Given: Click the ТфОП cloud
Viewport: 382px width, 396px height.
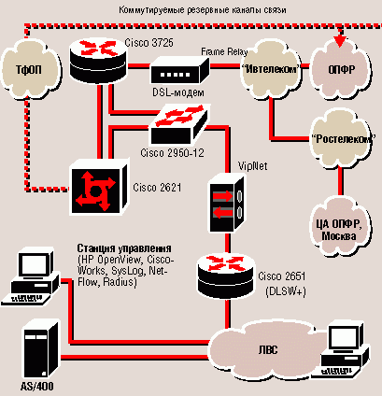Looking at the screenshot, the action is click(30, 71).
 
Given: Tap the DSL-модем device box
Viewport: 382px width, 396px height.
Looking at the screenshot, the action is click(179, 71).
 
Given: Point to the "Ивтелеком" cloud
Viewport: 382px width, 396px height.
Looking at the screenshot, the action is click(271, 70).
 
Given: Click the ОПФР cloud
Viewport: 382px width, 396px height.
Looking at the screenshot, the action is click(342, 70).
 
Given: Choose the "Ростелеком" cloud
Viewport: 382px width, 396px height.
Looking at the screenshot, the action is click(342, 139).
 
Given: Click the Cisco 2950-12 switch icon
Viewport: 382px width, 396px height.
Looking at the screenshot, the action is click(178, 124).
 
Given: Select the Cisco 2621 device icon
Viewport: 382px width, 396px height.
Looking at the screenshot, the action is click(99, 187).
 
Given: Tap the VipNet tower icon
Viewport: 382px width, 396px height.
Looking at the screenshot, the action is click(226, 204).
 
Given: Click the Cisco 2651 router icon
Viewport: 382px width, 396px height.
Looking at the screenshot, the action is click(226, 276).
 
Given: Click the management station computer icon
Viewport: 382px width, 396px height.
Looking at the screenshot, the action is click(31, 276).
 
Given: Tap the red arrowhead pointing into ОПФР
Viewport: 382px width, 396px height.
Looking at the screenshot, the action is click(340, 41).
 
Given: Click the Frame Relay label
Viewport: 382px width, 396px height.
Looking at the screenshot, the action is click(224, 51).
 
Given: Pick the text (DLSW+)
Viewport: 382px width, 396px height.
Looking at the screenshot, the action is click(285, 291).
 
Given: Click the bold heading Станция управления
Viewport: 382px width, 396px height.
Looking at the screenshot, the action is click(124, 248).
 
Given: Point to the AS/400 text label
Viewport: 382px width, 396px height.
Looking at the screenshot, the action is click(37, 387).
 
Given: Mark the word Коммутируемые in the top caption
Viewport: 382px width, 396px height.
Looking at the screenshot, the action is click(151, 10).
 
